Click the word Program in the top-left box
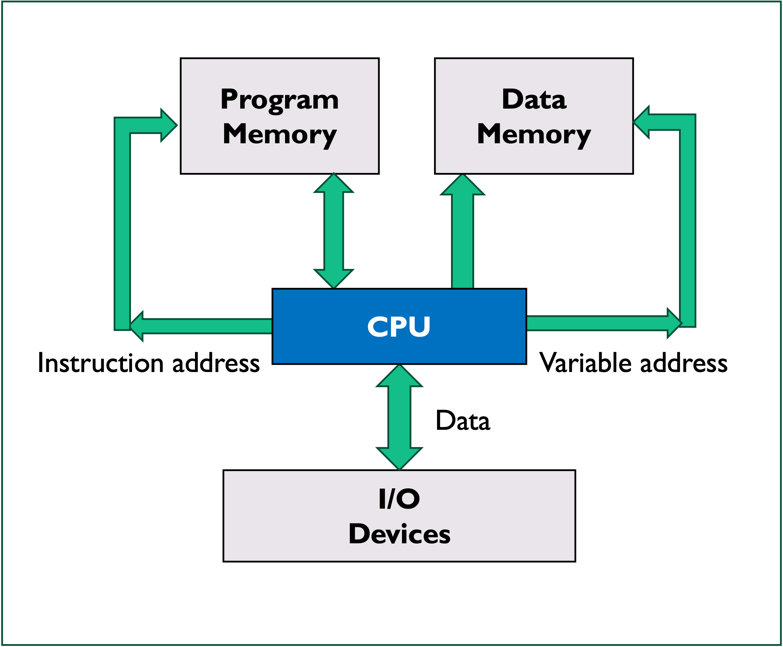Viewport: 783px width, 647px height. [279, 100]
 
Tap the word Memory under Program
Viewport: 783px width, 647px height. [279, 134]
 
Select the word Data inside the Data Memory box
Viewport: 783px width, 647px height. [534, 99]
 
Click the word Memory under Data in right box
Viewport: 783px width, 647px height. [534, 134]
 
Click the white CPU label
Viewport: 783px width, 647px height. [399, 327]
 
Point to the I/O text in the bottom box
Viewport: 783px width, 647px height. [399, 499]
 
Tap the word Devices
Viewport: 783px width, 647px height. [399, 534]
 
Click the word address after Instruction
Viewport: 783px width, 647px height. [216, 363]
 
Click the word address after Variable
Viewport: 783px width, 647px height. [684, 363]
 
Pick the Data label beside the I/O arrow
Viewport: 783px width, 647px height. [462, 421]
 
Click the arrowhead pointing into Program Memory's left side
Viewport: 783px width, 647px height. [169, 125]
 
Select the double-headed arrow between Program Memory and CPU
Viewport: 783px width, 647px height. [333, 231]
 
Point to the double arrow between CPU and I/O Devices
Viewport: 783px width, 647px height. [399, 418]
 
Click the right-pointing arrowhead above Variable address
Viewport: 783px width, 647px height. [673, 323]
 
